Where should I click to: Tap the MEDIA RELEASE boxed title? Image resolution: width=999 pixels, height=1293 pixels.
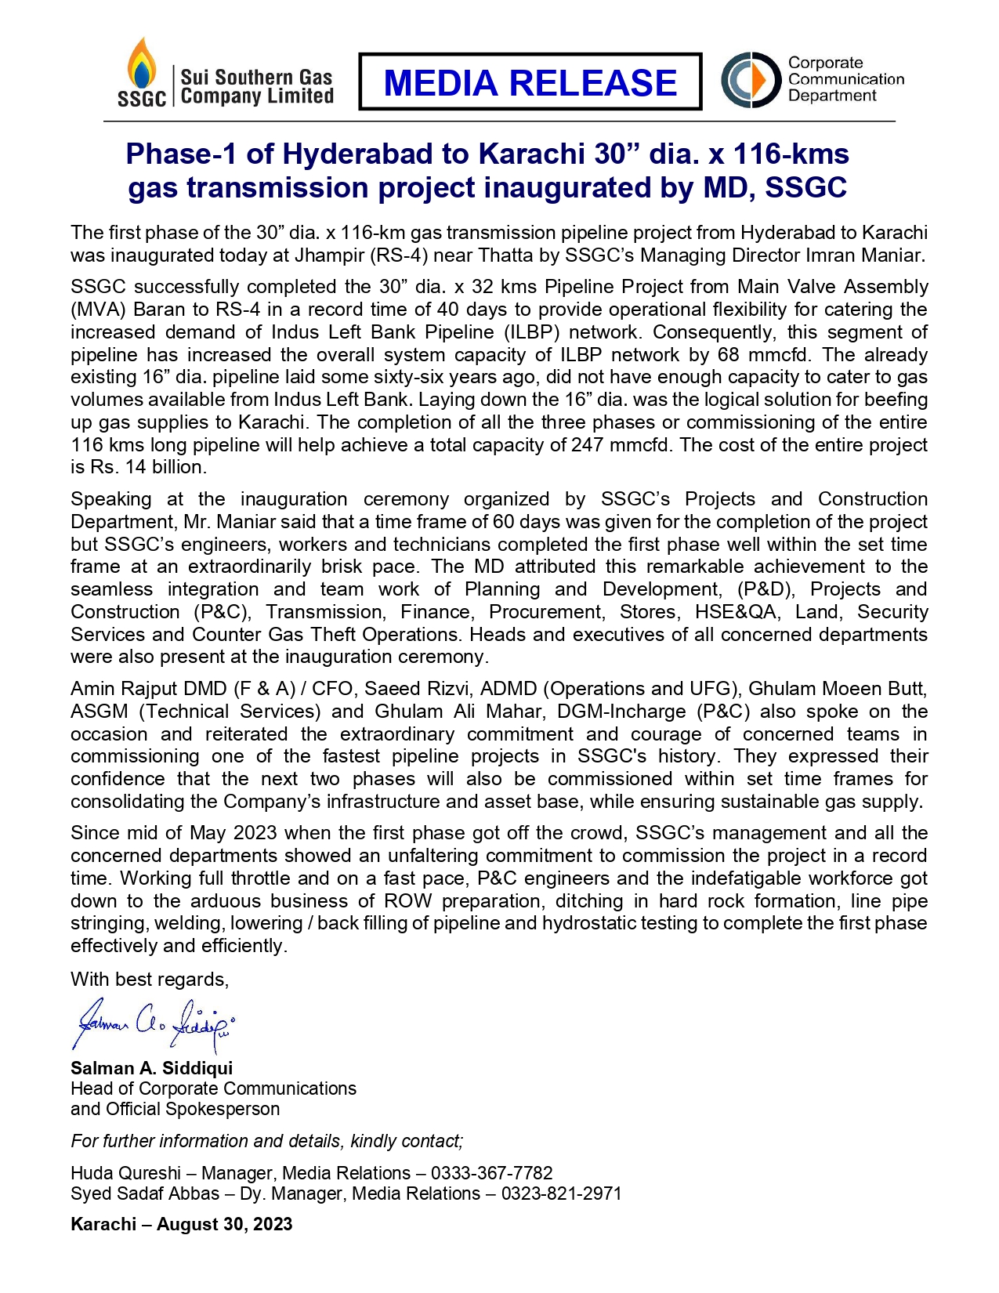(x=530, y=82)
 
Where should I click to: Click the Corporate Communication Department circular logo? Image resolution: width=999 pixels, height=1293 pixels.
(x=751, y=80)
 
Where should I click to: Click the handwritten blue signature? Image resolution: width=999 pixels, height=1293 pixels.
(x=154, y=1023)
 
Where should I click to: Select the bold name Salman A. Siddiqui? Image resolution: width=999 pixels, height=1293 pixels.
(x=151, y=1068)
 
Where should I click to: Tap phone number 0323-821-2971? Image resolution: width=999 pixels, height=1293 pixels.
(x=561, y=1193)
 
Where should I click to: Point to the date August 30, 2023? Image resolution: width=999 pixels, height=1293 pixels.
(x=224, y=1224)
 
